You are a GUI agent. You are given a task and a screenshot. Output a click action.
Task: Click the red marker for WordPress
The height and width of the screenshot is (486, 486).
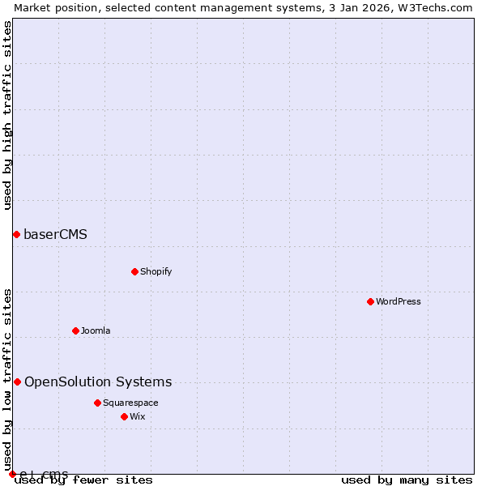(x=370, y=301)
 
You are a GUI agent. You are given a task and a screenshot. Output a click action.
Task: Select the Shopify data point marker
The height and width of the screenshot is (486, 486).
(x=134, y=271)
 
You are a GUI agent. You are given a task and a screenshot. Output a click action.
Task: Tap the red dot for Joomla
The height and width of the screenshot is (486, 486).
(x=75, y=330)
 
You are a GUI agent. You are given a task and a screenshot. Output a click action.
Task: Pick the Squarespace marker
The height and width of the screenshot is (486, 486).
(x=97, y=403)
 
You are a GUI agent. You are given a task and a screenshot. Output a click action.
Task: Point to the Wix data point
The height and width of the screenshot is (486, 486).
(x=124, y=416)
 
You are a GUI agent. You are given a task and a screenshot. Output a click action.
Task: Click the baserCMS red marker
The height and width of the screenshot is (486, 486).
(x=16, y=234)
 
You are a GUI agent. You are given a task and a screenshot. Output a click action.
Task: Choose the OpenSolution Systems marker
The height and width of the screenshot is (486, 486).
(x=17, y=382)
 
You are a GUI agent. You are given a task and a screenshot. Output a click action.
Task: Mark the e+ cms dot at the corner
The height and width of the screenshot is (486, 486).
(x=12, y=474)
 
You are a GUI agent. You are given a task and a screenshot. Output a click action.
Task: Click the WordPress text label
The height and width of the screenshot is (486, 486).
(x=399, y=301)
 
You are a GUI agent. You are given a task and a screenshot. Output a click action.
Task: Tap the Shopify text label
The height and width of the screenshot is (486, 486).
(x=156, y=271)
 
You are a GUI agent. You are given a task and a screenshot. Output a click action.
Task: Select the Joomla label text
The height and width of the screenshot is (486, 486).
(x=96, y=330)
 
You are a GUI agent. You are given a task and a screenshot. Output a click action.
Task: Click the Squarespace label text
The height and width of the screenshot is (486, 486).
(x=130, y=403)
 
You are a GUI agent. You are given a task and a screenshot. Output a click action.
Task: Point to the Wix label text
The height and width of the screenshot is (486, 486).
(x=138, y=416)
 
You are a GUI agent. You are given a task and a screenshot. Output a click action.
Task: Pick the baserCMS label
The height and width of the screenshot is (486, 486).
(x=55, y=235)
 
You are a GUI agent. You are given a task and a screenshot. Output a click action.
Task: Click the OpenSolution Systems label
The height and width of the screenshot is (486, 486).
(x=98, y=382)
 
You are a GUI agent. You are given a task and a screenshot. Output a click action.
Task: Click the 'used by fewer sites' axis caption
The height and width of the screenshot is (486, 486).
(x=84, y=480)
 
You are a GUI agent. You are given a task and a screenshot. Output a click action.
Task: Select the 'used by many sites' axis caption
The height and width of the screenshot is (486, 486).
(x=407, y=480)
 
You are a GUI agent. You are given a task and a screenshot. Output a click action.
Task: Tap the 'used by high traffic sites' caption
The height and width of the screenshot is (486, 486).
(x=7, y=116)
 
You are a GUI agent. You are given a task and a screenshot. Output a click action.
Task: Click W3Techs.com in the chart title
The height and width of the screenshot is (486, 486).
(x=435, y=7)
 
